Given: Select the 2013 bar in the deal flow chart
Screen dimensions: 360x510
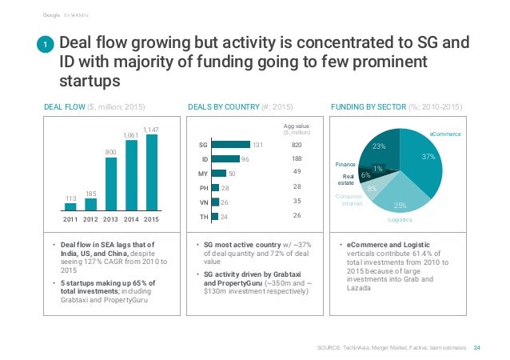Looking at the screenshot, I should coord(111,183).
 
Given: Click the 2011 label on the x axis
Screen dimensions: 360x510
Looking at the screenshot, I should coord(71,218).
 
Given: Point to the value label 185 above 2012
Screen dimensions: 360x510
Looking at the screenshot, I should coord(90,193).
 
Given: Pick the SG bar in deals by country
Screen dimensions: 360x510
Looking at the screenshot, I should coord(232,145).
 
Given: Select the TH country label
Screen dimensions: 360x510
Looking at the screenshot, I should coord(203,215).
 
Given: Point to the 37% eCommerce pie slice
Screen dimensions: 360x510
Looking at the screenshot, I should coord(428,164).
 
